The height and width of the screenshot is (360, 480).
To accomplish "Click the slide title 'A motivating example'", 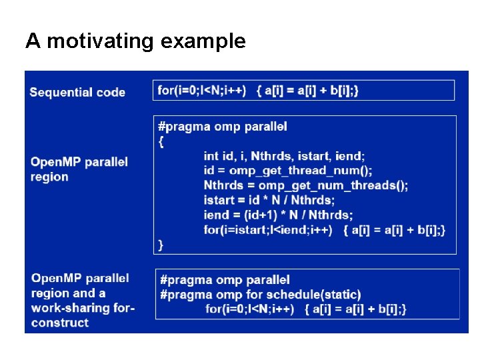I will [x=135, y=41].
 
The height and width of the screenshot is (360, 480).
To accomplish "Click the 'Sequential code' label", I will [x=77, y=92].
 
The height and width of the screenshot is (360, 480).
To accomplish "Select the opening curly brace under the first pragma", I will [x=161, y=141].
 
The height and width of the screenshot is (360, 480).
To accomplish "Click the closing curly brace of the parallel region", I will [x=161, y=245].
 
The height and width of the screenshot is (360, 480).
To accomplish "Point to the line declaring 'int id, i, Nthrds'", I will [x=284, y=156].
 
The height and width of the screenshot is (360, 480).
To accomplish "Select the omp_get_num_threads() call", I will [x=333, y=185].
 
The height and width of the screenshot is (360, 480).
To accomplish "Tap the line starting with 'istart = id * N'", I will [x=269, y=200].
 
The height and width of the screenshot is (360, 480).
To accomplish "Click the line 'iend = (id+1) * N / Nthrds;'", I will [x=278, y=215].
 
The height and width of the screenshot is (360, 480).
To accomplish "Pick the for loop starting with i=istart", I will [x=324, y=229].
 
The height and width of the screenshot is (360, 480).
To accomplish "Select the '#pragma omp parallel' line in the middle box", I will [x=222, y=126].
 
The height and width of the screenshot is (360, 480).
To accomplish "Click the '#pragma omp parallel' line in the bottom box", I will [x=225, y=280].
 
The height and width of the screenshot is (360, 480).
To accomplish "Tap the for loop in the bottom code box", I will [x=305, y=309].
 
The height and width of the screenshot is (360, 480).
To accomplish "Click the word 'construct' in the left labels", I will [x=59, y=323].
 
